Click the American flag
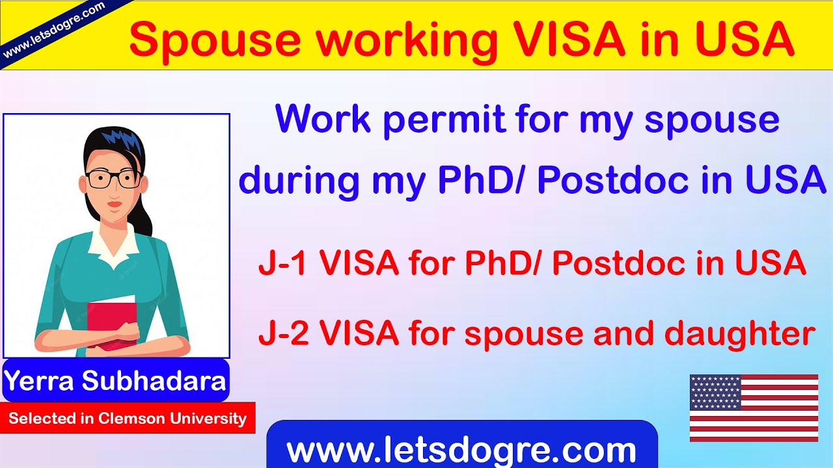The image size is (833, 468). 754,408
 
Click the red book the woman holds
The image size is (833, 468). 112,325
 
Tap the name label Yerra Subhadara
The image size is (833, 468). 116,380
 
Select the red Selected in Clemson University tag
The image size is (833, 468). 128,418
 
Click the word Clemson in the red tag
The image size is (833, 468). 132,418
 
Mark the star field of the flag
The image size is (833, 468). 715,393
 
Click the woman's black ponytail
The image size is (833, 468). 144,208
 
